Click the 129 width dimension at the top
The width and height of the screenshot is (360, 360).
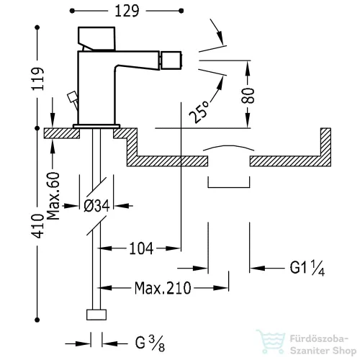click(127, 11)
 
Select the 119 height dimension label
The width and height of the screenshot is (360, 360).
click(38, 79)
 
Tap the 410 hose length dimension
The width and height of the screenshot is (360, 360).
click(38, 226)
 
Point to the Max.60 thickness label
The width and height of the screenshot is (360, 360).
click(53, 196)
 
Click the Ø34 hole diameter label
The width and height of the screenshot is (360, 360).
click(96, 206)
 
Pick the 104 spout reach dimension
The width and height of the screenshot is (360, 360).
click(141, 248)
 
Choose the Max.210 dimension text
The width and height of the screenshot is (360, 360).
click(163, 288)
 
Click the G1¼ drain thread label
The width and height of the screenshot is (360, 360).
click(307, 268)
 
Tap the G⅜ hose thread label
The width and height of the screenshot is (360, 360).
click(150, 343)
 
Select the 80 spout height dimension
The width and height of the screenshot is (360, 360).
click(248, 96)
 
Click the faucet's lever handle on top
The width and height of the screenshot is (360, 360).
click(96, 38)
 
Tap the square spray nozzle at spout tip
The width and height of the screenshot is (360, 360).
click(171, 60)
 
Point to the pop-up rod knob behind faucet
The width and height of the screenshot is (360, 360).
click(72, 97)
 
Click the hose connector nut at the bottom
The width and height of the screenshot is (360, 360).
click(96, 315)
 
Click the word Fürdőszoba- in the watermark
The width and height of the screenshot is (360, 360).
click(319, 339)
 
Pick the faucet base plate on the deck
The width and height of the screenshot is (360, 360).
click(96, 126)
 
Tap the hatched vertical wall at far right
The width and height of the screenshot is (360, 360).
click(325, 147)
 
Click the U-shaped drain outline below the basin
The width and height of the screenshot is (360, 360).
click(229, 187)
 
